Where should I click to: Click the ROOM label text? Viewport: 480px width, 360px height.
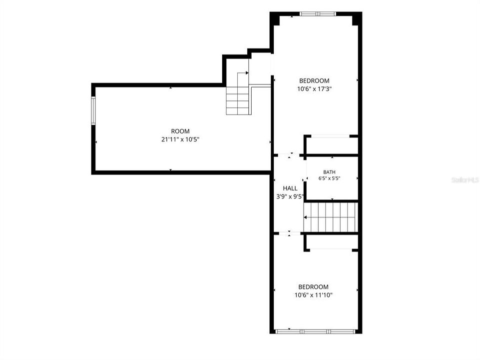(180, 131)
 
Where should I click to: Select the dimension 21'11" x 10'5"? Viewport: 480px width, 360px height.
(180, 139)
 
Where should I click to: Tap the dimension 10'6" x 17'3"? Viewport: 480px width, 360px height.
(314, 89)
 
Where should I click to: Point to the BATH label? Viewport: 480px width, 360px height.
(329, 172)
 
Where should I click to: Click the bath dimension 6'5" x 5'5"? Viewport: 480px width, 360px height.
(329, 178)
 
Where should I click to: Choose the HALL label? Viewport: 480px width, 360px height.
(290, 188)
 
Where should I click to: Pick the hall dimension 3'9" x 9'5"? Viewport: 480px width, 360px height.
(290, 196)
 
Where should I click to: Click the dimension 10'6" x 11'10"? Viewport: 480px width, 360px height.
(314, 295)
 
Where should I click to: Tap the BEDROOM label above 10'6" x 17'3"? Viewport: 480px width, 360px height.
(314, 81)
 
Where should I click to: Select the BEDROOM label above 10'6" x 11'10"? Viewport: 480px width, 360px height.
(314, 287)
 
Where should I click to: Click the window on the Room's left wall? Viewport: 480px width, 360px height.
(93, 110)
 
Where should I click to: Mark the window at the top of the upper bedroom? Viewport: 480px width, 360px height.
(318, 14)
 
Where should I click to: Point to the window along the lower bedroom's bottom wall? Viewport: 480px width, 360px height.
(315, 331)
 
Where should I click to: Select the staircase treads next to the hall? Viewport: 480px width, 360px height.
(331, 217)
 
